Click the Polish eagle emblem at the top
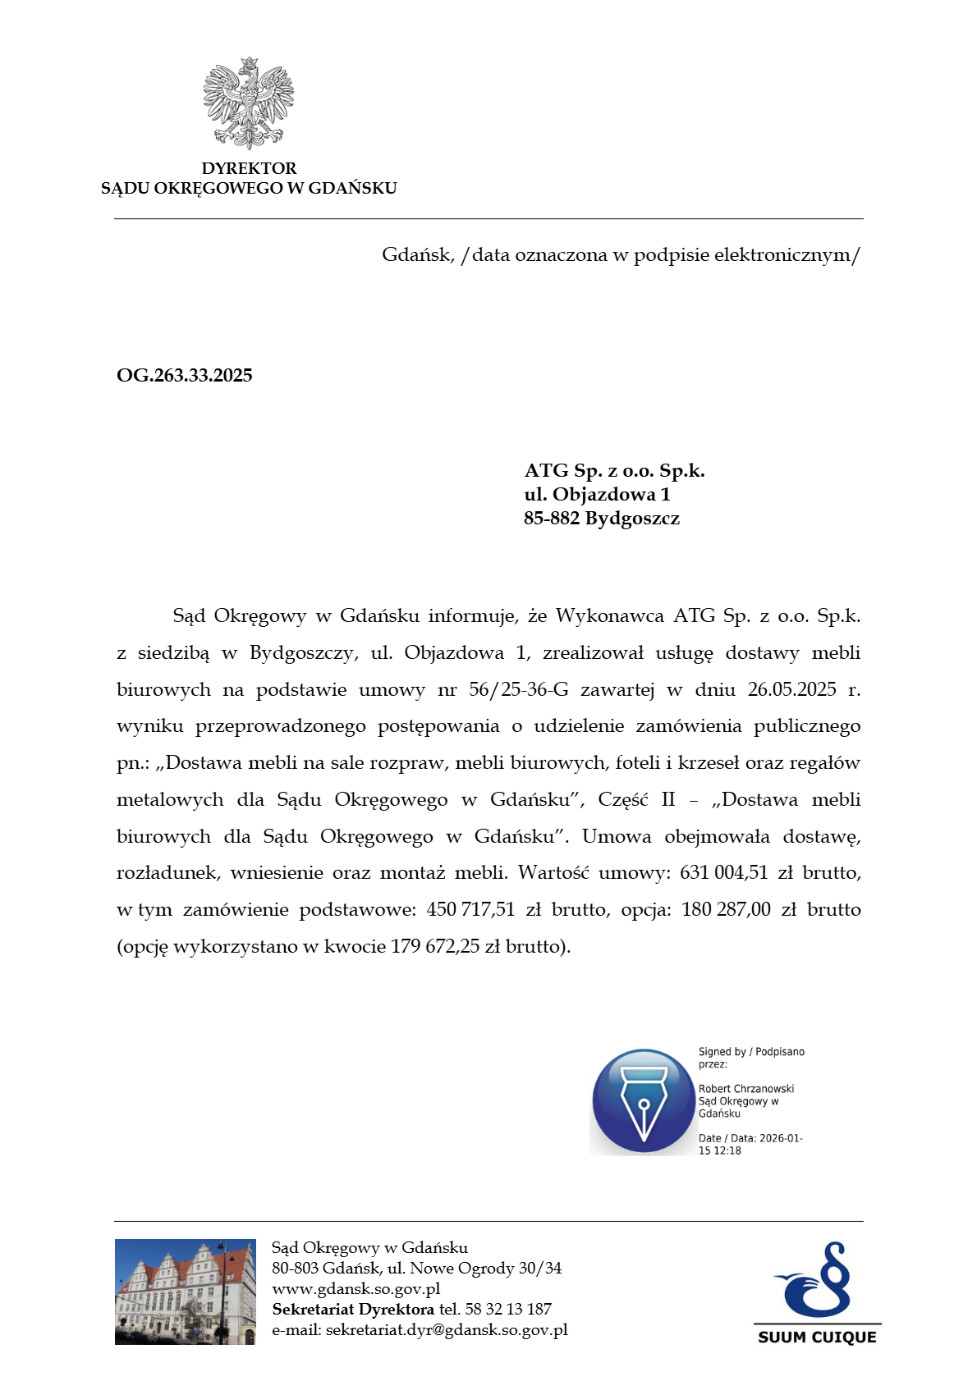(x=248, y=103)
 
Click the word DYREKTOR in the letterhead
(x=249, y=168)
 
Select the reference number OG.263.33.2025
(x=185, y=376)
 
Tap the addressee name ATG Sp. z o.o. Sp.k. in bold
(x=614, y=471)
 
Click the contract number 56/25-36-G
(x=518, y=689)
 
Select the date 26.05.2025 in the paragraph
(x=791, y=689)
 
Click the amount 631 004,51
(x=723, y=873)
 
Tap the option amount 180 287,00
(x=726, y=910)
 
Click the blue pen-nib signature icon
(x=643, y=1100)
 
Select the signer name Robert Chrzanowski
(x=746, y=1089)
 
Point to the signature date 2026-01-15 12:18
(x=749, y=1145)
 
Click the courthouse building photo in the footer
(x=186, y=1292)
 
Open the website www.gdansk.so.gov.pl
(x=356, y=1289)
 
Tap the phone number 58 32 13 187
(x=507, y=1310)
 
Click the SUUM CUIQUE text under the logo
(x=817, y=1338)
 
